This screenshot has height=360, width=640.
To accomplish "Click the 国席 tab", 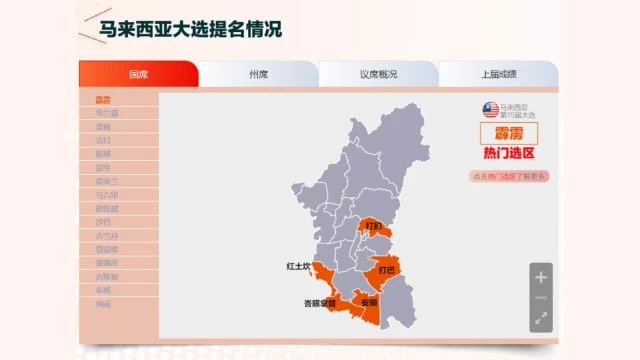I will pyautogui.click(x=138, y=74).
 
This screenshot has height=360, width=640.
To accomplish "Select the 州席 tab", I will pyautogui.click(x=258, y=74).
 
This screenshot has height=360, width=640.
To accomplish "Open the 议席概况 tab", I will pyautogui.click(x=378, y=74).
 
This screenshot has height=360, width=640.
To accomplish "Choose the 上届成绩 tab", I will pyautogui.click(x=498, y=74).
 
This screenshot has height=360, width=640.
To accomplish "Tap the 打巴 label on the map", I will pyautogui.click(x=384, y=269).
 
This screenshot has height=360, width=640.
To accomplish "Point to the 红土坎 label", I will pyautogui.click(x=299, y=267).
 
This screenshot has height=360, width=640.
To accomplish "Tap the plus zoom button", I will pyautogui.click(x=541, y=277).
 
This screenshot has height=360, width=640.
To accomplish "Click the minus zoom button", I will pyautogui.click(x=541, y=298).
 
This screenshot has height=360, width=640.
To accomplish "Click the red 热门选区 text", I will pyautogui.click(x=509, y=154).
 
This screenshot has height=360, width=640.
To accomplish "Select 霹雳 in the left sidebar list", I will pyautogui.click(x=103, y=100).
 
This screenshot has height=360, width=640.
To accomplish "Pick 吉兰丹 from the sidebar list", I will pyautogui.click(x=107, y=236).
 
